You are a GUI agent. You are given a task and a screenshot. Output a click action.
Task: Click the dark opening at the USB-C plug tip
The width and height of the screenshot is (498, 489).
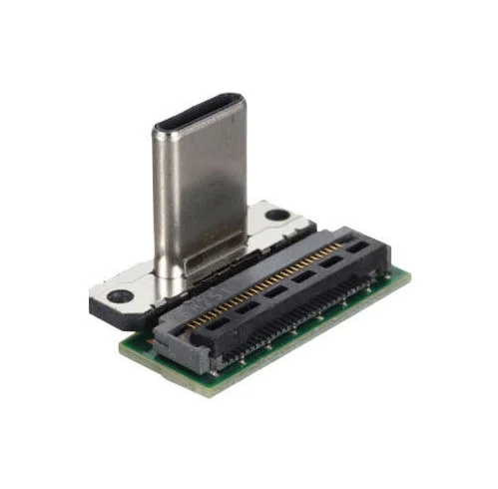[198, 113]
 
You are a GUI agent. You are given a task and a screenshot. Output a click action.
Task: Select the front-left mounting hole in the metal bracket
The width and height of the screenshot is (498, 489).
[120, 295]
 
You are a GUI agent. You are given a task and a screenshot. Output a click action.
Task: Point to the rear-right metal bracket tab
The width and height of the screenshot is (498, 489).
[274, 218]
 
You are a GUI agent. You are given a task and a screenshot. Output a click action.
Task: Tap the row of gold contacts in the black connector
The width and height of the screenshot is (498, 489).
[269, 278]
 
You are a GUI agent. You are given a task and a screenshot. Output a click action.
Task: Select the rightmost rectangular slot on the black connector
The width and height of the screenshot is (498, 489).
[355, 246]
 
